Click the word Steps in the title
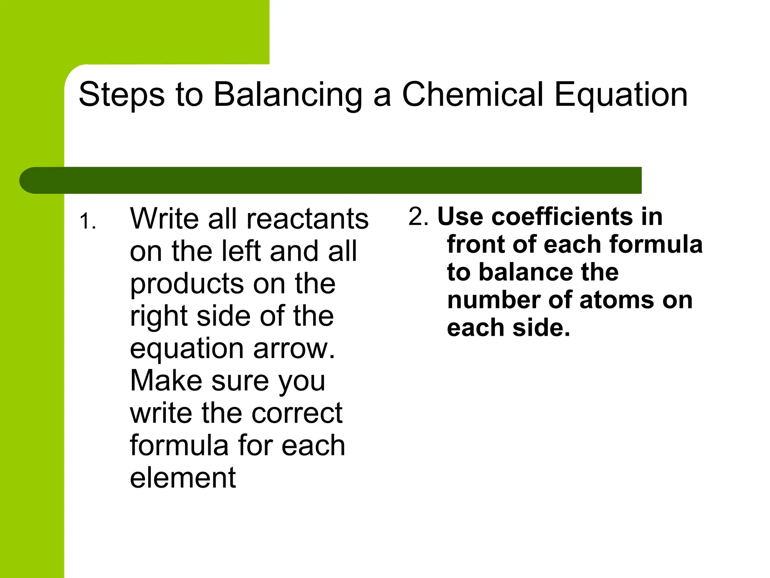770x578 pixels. point(121,95)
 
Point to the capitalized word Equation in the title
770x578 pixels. point(621,95)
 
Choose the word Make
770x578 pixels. point(165,381)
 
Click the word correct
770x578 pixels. point(297,413)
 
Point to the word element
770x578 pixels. point(183,478)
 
